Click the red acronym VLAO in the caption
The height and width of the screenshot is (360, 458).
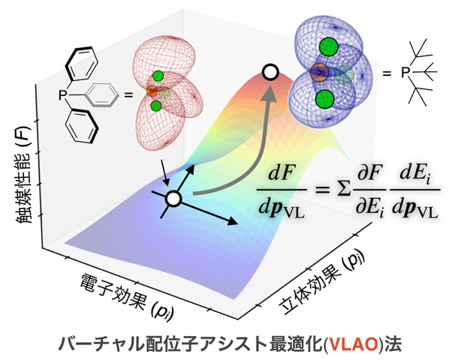click(x=324, y=343)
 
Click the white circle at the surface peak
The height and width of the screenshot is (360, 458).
click(x=270, y=72)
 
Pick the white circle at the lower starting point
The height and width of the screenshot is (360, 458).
click(x=173, y=199)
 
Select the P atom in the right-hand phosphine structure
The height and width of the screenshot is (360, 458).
click(x=406, y=73)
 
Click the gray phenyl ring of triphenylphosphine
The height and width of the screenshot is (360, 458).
click(x=102, y=94)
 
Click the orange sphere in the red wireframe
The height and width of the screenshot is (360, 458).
click(x=151, y=91)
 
